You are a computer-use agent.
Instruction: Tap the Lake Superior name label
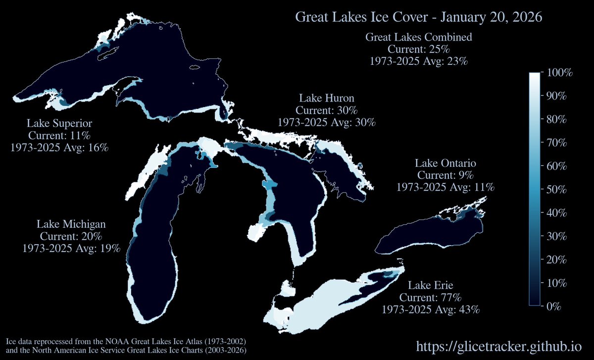(x=59, y=123)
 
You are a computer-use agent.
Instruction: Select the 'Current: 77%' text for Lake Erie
(x=431, y=298)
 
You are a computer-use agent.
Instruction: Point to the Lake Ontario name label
(x=445, y=163)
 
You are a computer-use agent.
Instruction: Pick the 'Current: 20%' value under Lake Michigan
(x=71, y=236)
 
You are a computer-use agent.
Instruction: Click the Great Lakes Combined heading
(x=418, y=37)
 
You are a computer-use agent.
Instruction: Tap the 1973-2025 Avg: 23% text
(x=418, y=61)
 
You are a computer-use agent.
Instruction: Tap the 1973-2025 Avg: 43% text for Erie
(x=431, y=310)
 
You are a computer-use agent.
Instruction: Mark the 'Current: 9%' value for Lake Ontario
(x=445, y=175)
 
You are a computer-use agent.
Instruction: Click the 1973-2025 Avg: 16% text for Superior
(x=59, y=147)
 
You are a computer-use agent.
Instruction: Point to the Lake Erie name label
(x=431, y=286)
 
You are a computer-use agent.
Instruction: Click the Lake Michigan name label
(x=71, y=224)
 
